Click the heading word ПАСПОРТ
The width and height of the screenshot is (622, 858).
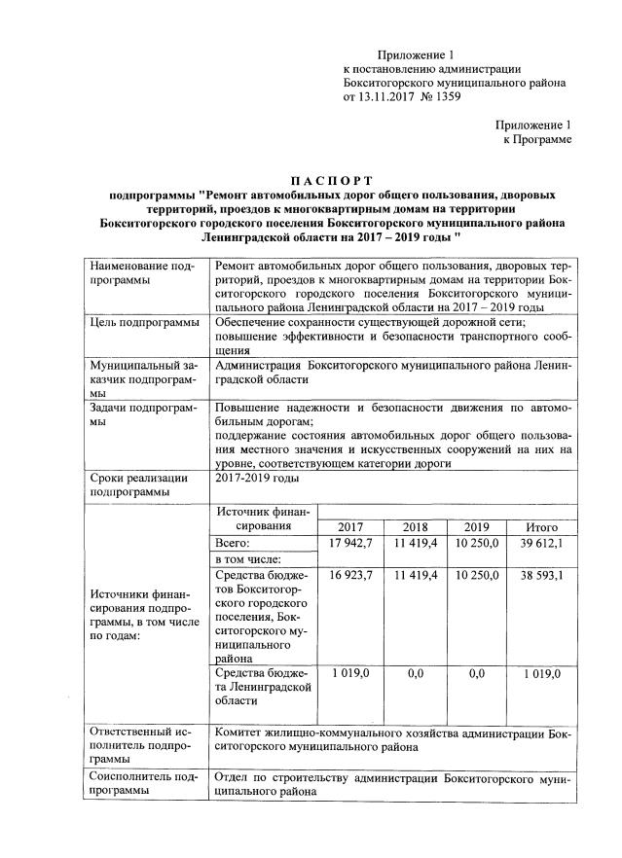(333, 181)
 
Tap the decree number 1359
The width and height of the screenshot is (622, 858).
(447, 97)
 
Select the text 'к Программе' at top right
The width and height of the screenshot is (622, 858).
(536, 140)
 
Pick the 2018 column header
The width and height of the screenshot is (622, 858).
(416, 526)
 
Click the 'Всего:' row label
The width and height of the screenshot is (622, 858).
(235, 542)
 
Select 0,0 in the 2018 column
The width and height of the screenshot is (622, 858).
(416, 672)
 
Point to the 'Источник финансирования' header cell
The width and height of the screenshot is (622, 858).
(263, 518)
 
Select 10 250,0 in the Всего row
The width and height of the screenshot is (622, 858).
(477, 542)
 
